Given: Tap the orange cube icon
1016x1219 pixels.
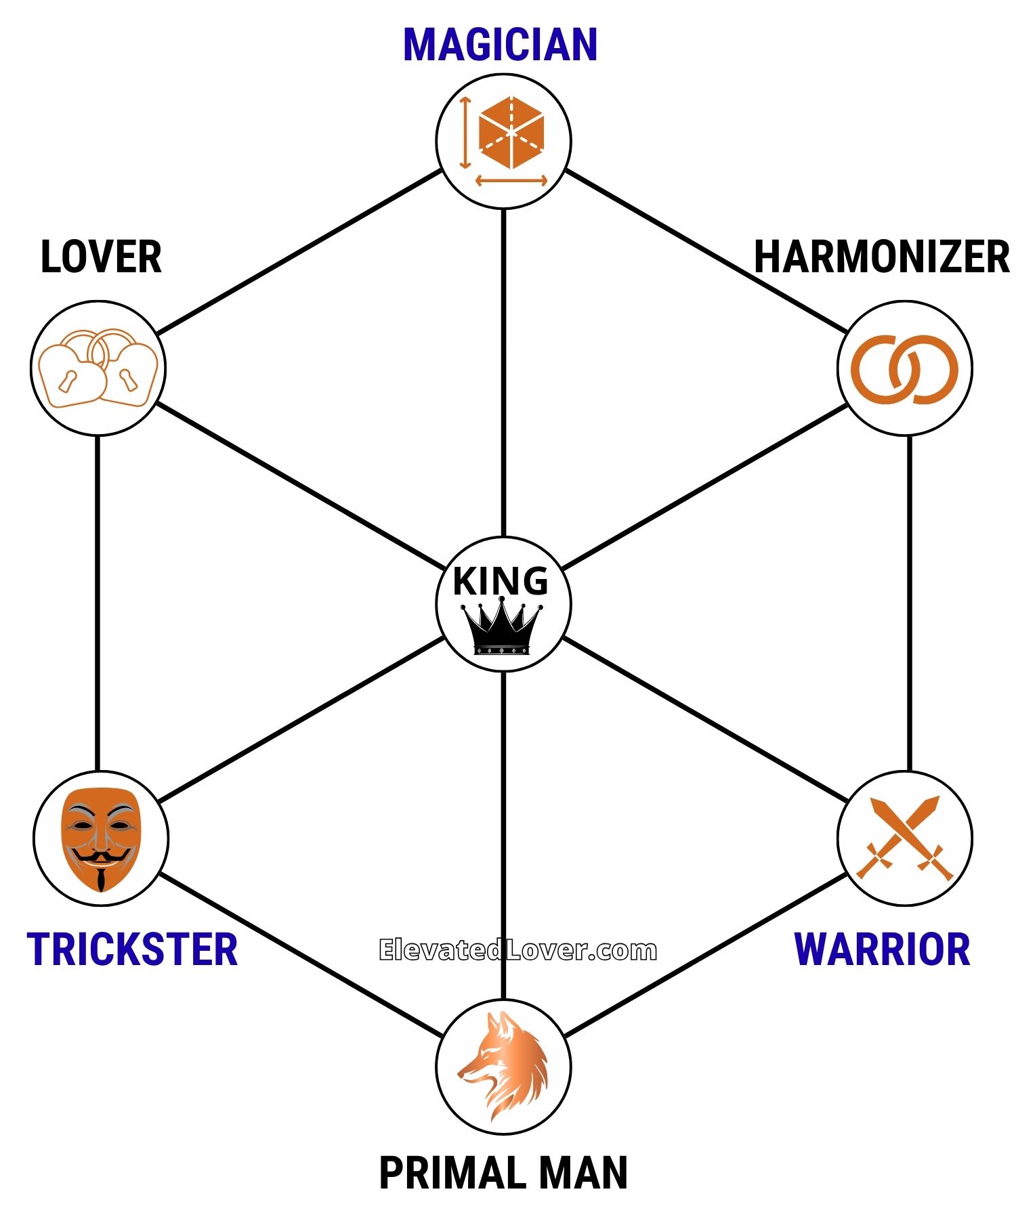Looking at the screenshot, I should click(511, 133).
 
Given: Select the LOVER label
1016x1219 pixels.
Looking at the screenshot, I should click(101, 257).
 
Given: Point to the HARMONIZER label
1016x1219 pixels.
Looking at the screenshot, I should click(881, 257).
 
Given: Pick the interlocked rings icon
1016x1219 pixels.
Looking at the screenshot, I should click(904, 369).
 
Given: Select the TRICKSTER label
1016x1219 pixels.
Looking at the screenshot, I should click(133, 949).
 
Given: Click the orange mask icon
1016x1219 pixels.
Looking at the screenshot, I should click(101, 838).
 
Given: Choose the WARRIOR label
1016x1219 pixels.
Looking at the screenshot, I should click(882, 949).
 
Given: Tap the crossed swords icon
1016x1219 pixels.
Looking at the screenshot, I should click(905, 838).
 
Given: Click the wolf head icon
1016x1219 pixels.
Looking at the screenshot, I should click(504, 1066).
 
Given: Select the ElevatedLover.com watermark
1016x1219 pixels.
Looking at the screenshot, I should click(518, 950).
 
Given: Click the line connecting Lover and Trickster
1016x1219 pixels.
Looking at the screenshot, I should click(98, 603).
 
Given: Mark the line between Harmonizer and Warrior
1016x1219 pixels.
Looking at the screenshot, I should click(909, 603).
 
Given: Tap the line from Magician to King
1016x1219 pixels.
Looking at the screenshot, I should click(503, 372).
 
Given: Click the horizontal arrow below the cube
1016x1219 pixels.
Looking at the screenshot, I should click(511, 181).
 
